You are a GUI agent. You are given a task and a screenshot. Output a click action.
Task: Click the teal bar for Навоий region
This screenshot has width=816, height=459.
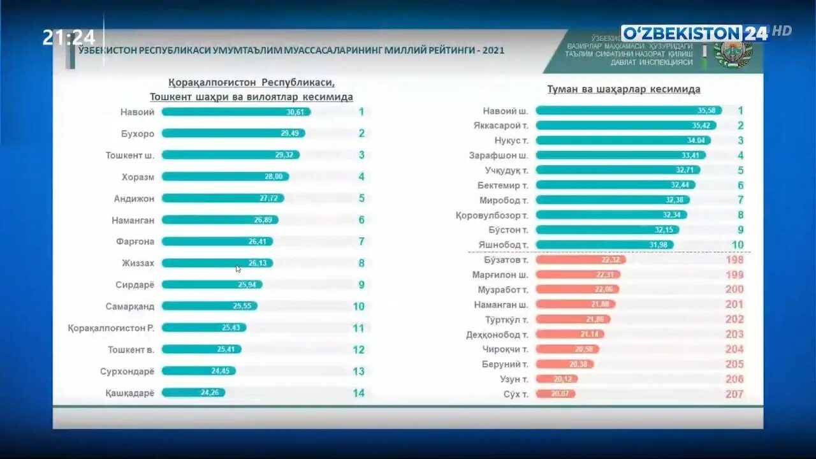236,112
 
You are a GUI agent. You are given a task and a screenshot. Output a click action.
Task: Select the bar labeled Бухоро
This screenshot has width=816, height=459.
233,133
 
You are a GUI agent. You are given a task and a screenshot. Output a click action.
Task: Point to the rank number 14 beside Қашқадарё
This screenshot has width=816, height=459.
359,393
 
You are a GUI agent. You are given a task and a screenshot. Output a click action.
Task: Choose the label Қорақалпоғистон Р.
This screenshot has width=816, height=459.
112,328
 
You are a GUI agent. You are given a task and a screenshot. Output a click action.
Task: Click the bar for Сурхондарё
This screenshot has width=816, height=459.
198,371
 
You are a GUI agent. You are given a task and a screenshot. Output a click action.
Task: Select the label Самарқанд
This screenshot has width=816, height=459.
130,306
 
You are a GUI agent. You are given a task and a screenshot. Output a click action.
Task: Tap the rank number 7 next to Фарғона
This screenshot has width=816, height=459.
361,242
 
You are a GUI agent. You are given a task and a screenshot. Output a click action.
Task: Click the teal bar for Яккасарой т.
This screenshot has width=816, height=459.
625,126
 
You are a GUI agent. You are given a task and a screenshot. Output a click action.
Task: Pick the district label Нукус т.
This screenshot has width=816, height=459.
511,140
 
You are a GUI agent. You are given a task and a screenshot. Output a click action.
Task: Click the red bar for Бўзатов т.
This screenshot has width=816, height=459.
580,259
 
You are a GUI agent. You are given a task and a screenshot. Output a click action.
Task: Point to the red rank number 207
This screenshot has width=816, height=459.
734,394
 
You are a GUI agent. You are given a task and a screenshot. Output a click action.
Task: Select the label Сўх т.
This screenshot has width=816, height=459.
516,394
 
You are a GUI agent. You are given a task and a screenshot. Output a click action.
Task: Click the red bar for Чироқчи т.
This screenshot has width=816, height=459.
567,349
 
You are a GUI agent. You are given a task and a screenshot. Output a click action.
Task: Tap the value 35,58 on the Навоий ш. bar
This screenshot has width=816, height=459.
708,110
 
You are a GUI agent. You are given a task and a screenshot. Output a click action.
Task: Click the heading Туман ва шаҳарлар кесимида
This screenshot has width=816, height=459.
623,89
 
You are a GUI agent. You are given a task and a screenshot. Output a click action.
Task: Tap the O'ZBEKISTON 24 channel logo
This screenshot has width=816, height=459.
696,33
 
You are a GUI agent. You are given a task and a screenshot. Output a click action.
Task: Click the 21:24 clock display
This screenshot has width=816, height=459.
69,38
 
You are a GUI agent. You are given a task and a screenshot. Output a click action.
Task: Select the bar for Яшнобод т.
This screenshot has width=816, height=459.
604,245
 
